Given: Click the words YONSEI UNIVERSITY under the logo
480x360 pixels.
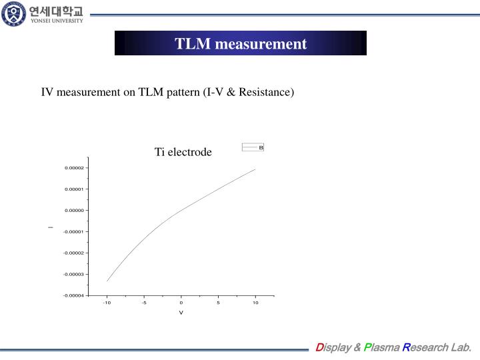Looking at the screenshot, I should point(56,21).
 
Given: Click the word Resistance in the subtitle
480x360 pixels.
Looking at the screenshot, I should point(265,92).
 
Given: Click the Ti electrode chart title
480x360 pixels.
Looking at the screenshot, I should point(183,152).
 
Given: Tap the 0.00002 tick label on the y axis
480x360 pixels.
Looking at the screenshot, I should point(74,168).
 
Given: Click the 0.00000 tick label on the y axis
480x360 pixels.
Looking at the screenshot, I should point(74,211).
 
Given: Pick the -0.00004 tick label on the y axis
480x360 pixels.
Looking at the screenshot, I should point(73,295).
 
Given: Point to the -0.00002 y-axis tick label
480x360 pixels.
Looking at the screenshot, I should point(73,253).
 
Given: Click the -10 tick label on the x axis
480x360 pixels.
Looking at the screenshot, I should point(107,303).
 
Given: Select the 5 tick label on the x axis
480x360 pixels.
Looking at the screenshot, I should point(218,303).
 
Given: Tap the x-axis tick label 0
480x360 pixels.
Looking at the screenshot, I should point(181,303).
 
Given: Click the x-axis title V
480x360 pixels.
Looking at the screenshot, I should point(181,313).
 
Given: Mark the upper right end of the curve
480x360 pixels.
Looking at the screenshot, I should point(255,169).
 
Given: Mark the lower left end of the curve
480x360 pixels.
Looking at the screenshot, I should point(107,281).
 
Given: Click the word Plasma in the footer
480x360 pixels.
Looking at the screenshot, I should point(385,347).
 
